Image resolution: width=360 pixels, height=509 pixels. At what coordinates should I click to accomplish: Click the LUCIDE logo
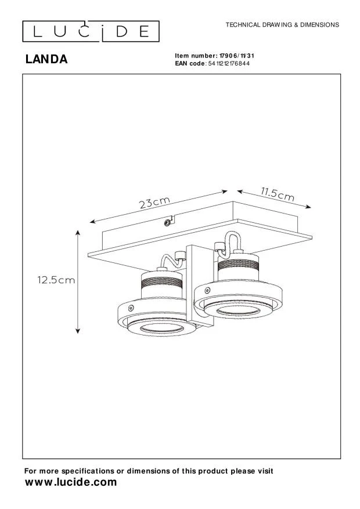pyautogui.click(x=91, y=31)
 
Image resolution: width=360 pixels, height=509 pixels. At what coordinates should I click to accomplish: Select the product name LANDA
pyautogui.click(x=46, y=59)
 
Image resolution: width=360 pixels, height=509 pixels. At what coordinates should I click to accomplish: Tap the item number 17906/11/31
pyautogui.click(x=237, y=56)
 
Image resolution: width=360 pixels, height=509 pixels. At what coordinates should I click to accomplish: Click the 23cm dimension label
pyautogui.click(x=154, y=203)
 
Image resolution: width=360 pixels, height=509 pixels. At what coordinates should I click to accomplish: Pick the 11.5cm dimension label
pyautogui.click(x=278, y=194)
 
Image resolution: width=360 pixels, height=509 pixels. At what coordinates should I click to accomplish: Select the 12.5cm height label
pyautogui.click(x=56, y=280)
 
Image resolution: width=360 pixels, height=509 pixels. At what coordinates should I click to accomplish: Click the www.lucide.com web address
pyautogui.click(x=71, y=482)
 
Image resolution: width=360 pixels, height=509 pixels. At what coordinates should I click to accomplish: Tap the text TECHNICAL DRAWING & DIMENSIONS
pyautogui.click(x=282, y=25)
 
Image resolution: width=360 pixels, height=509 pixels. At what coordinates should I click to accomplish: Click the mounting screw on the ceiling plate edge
pyautogui.click(x=167, y=223)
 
